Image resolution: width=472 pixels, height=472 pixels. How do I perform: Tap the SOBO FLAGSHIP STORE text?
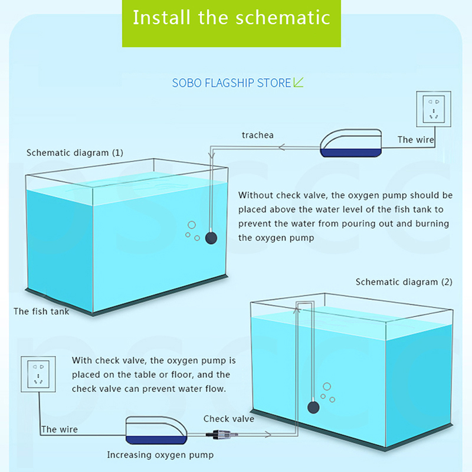coord(231,83)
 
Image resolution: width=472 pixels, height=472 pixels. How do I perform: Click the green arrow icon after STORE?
coord(299,82)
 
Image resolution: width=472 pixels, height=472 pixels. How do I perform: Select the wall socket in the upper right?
coord(434,109)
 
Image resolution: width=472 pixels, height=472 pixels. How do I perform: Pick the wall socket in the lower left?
coord(38,374)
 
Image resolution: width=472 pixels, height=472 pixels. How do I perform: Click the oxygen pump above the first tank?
coord(351,143)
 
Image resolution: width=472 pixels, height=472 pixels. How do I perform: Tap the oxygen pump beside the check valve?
coord(156,431)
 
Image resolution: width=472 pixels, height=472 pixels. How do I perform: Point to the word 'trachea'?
coord(258,135)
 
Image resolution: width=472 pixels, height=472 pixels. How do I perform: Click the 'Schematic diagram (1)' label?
coord(75,153)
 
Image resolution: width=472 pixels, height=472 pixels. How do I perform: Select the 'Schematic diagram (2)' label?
coord(404,282)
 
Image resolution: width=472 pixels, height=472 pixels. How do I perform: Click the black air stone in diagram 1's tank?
coord(211,238)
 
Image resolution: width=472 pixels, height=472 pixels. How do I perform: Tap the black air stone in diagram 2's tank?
coord(313,408)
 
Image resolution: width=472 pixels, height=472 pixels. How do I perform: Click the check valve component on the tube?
coord(222,434)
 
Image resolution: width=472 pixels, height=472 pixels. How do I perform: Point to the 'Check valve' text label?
coord(229,419)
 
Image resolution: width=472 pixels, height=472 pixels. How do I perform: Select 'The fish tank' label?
coord(41,312)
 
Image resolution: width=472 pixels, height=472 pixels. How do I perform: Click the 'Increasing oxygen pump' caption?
coord(160,454)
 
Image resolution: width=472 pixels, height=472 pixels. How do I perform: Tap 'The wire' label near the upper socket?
coord(416,140)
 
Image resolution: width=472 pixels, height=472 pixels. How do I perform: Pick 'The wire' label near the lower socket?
coord(60,430)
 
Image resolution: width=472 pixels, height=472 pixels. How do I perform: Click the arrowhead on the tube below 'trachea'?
coord(282,147)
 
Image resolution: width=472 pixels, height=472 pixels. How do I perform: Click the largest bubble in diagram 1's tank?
coord(192,225)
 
